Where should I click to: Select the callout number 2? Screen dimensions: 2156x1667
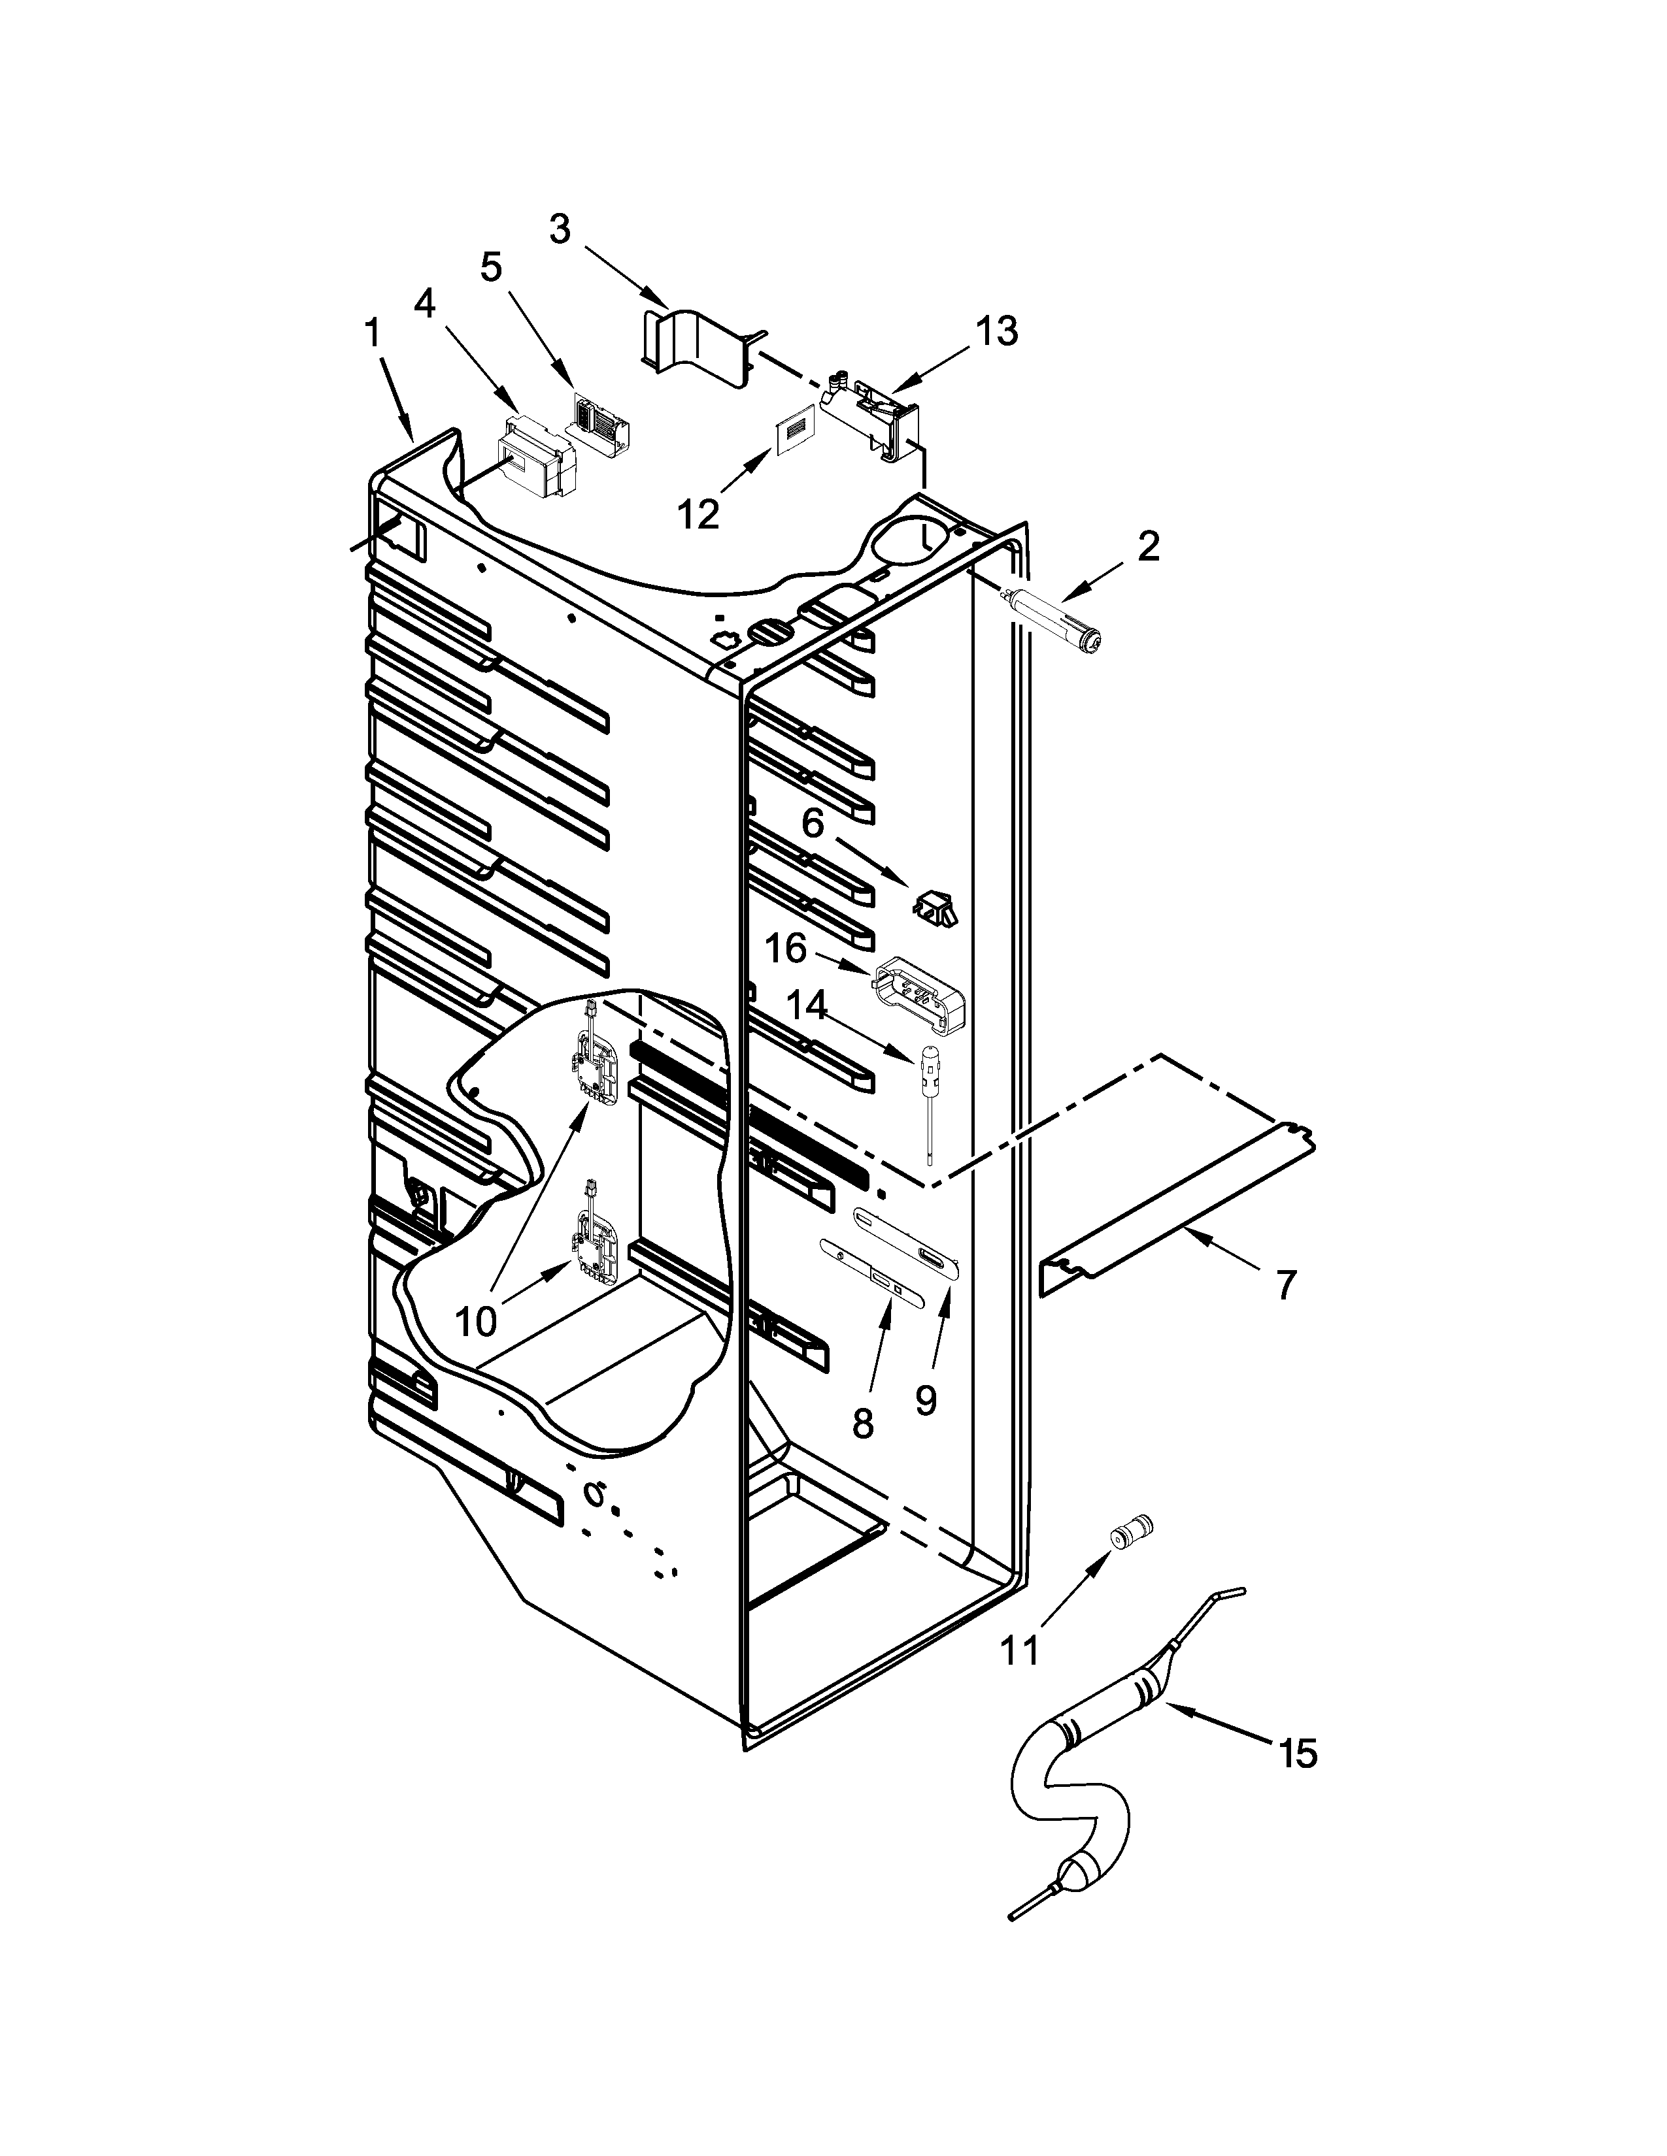[x=1147, y=546]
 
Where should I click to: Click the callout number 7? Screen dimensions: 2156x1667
[x=1285, y=1285]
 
